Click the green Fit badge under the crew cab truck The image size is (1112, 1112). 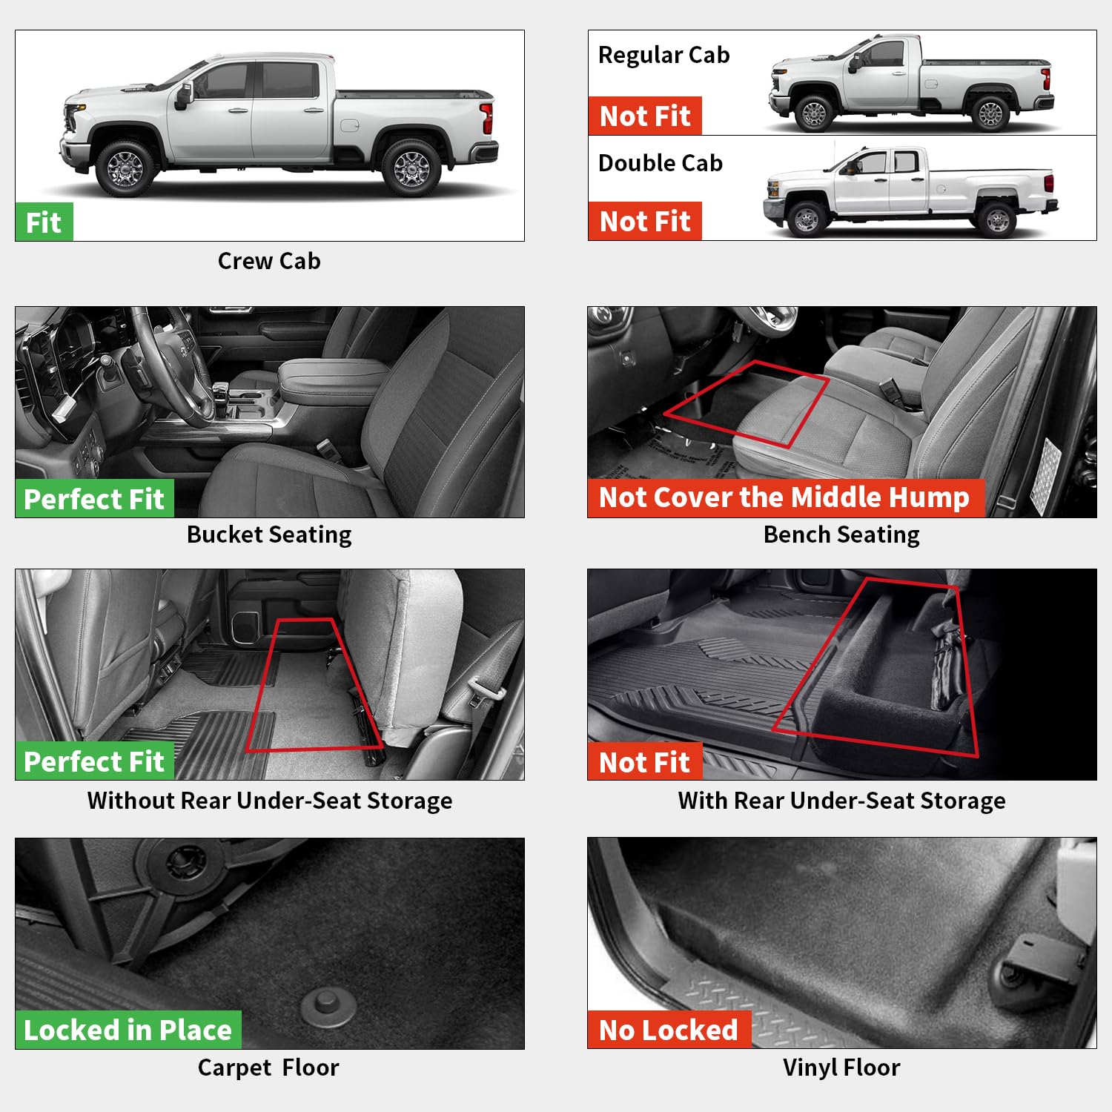point(44,222)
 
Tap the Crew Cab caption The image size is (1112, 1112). point(269,261)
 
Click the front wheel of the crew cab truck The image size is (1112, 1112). point(125,170)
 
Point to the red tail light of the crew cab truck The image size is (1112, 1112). point(486,119)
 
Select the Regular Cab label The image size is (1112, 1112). point(663,56)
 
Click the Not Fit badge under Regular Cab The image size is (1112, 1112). point(645,116)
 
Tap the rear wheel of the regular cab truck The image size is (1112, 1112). point(990,113)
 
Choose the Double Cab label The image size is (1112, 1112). point(660,163)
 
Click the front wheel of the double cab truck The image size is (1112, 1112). point(807,219)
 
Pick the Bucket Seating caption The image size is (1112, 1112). point(269,535)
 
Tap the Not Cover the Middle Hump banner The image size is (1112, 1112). point(784,497)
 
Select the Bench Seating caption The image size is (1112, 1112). point(841,535)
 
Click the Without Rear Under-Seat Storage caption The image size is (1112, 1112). point(270,801)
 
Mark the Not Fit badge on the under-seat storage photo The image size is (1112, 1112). point(644,762)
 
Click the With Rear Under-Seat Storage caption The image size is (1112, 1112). point(841,801)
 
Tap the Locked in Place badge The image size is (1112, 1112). point(128,1030)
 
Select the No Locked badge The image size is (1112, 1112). point(669,1030)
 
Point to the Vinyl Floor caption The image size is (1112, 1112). point(841,1068)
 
